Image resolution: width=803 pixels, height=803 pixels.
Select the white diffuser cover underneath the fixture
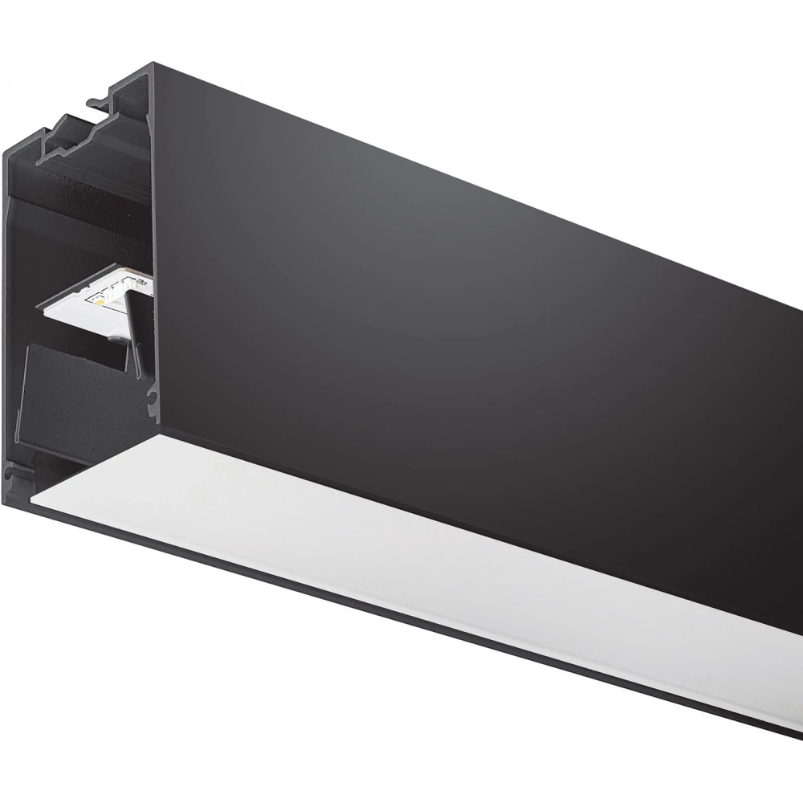(x=401, y=562)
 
